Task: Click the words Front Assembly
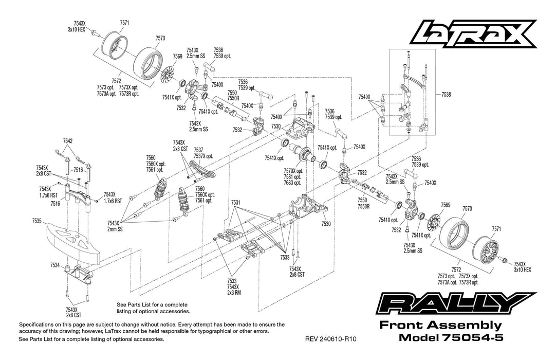(x=440, y=325)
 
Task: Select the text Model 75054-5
(x=450, y=338)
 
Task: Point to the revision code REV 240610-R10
(x=330, y=339)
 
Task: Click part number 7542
(x=68, y=140)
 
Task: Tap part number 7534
(x=55, y=265)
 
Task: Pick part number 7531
(x=236, y=203)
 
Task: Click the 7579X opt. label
(x=293, y=171)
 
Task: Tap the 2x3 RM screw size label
(x=234, y=293)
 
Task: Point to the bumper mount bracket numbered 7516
(x=77, y=195)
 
